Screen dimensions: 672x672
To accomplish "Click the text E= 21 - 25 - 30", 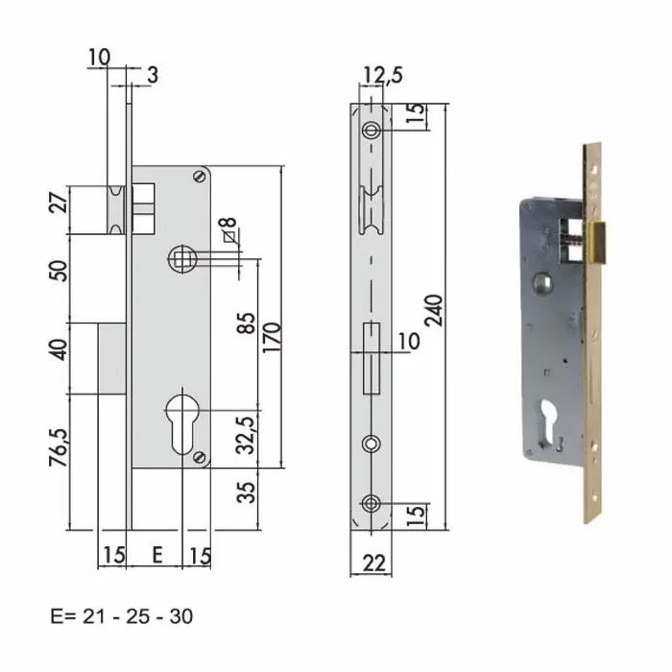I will pos(121,615).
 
